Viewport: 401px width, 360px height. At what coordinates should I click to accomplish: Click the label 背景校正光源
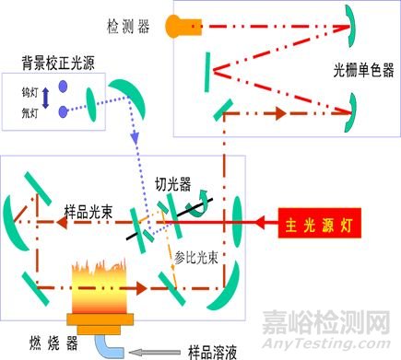(54, 64)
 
